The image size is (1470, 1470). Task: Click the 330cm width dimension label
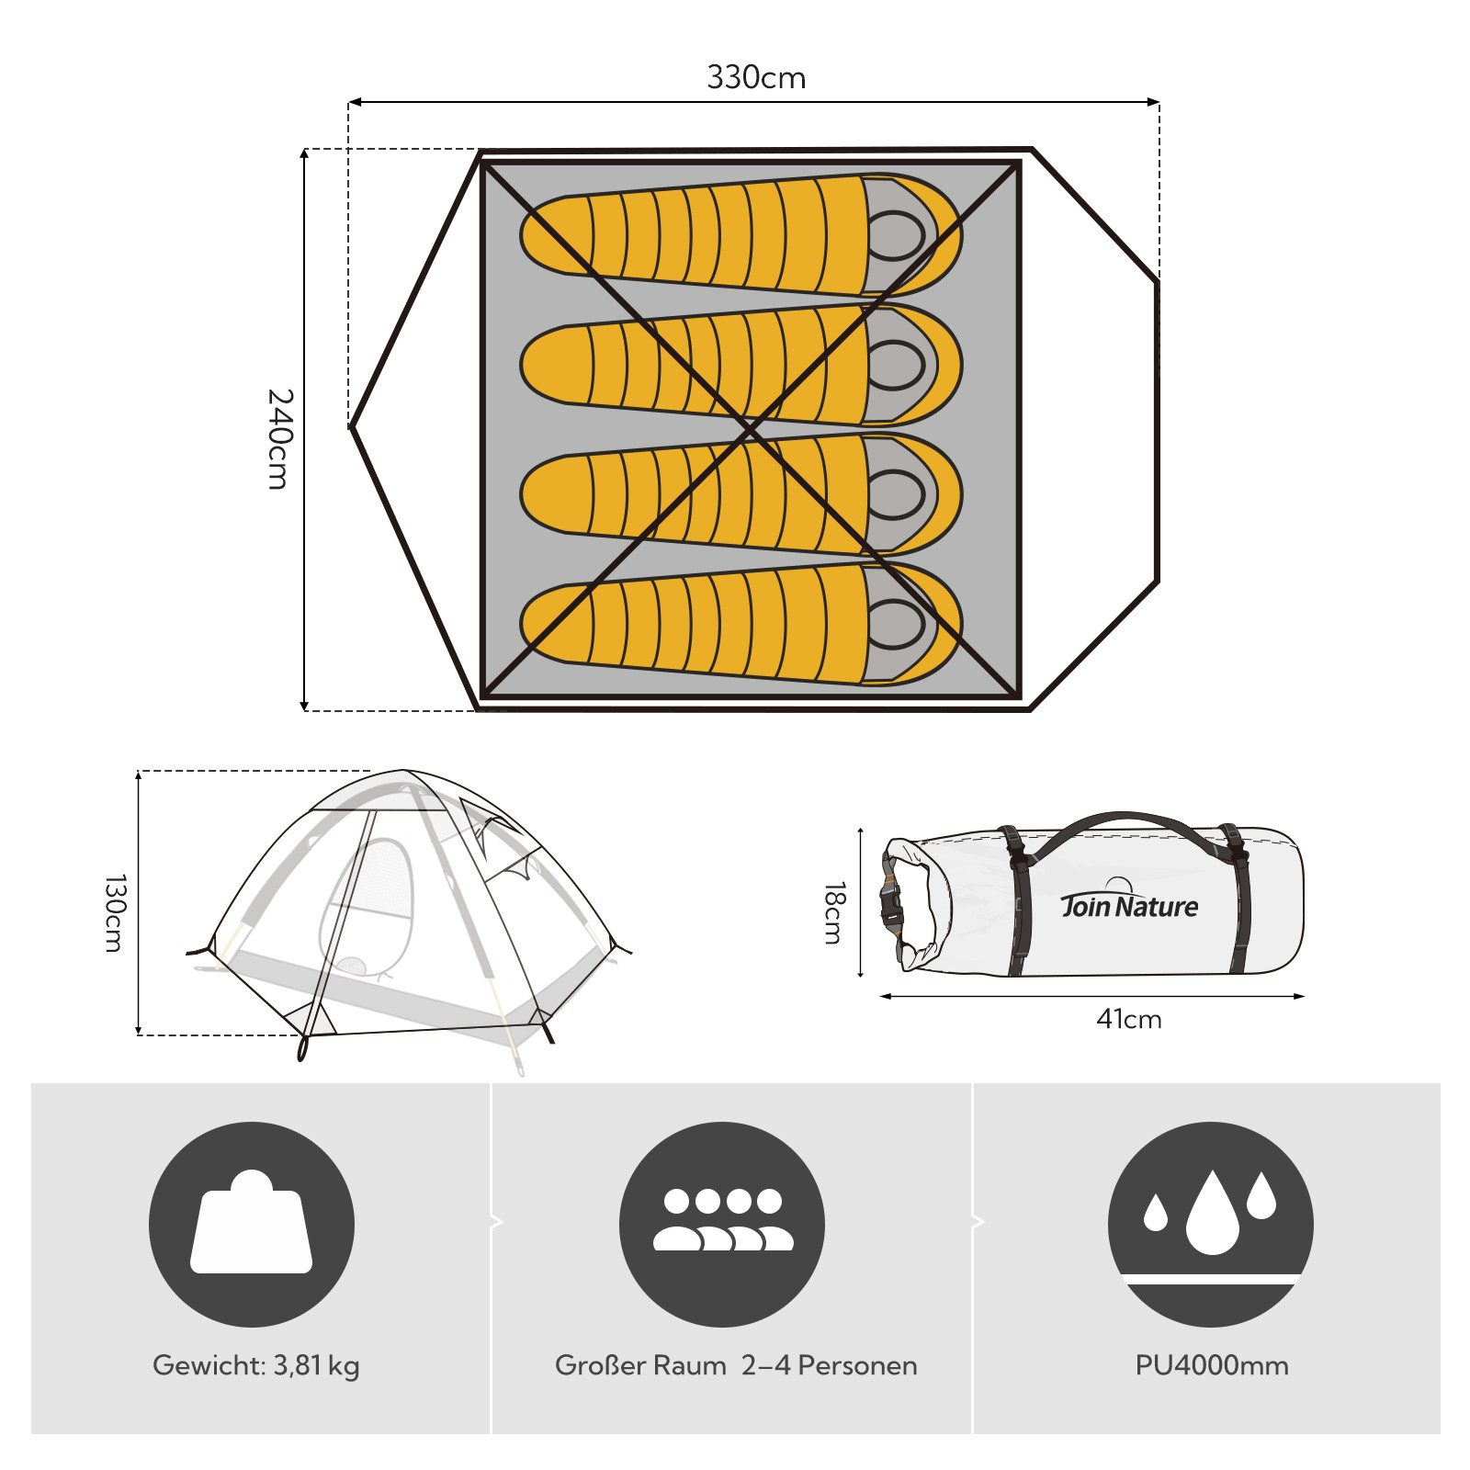[x=755, y=78]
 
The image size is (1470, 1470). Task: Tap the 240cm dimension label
[x=279, y=438]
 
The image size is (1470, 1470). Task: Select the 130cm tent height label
[x=114, y=912]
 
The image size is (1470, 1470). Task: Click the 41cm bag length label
[x=1128, y=1020]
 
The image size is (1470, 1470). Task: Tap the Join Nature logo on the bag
[x=1129, y=904]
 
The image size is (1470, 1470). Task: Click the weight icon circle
[x=252, y=1224]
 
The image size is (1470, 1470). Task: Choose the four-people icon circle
[x=722, y=1224]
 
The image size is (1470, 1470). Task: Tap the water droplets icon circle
[x=1211, y=1224]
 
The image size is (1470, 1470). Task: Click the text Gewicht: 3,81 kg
[x=256, y=1365]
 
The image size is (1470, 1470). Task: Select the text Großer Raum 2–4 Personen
[x=736, y=1365]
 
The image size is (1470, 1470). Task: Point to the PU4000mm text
[x=1212, y=1365]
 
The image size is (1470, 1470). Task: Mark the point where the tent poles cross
[x=750, y=429]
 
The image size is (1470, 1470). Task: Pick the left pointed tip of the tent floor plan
[x=352, y=426]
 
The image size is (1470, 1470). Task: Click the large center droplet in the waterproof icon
[x=1213, y=1215]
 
